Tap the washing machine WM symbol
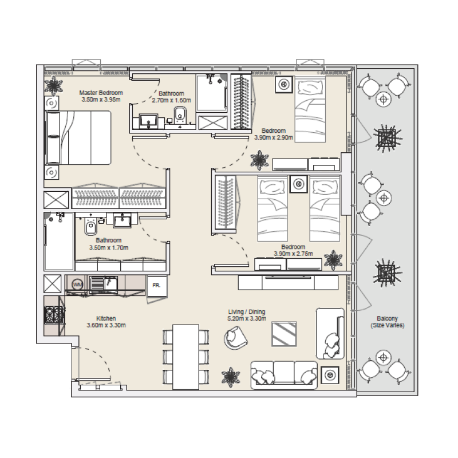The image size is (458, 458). [78, 284]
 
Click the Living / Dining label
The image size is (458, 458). [246, 312]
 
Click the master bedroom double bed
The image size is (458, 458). [80, 137]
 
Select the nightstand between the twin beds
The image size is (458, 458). [298, 184]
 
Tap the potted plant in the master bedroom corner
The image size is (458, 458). [55, 86]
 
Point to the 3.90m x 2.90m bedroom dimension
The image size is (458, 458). [274, 137]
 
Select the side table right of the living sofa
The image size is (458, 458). [330, 374]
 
